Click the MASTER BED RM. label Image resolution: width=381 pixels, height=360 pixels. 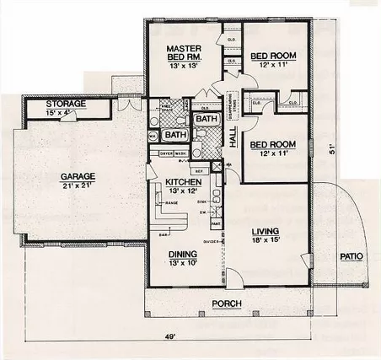click(181, 54)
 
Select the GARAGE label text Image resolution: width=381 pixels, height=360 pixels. click(77, 176)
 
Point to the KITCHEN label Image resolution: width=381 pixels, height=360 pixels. click(182, 182)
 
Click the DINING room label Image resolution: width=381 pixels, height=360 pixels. click(182, 254)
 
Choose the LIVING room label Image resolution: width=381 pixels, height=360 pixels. click(265, 231)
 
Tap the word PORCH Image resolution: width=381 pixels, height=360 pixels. click(226, 304)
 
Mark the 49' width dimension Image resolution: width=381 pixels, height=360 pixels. click(169, 337)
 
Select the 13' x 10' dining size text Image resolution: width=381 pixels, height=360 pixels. click(182, 263)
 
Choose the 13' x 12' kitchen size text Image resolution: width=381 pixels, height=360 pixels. click(182, 191)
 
